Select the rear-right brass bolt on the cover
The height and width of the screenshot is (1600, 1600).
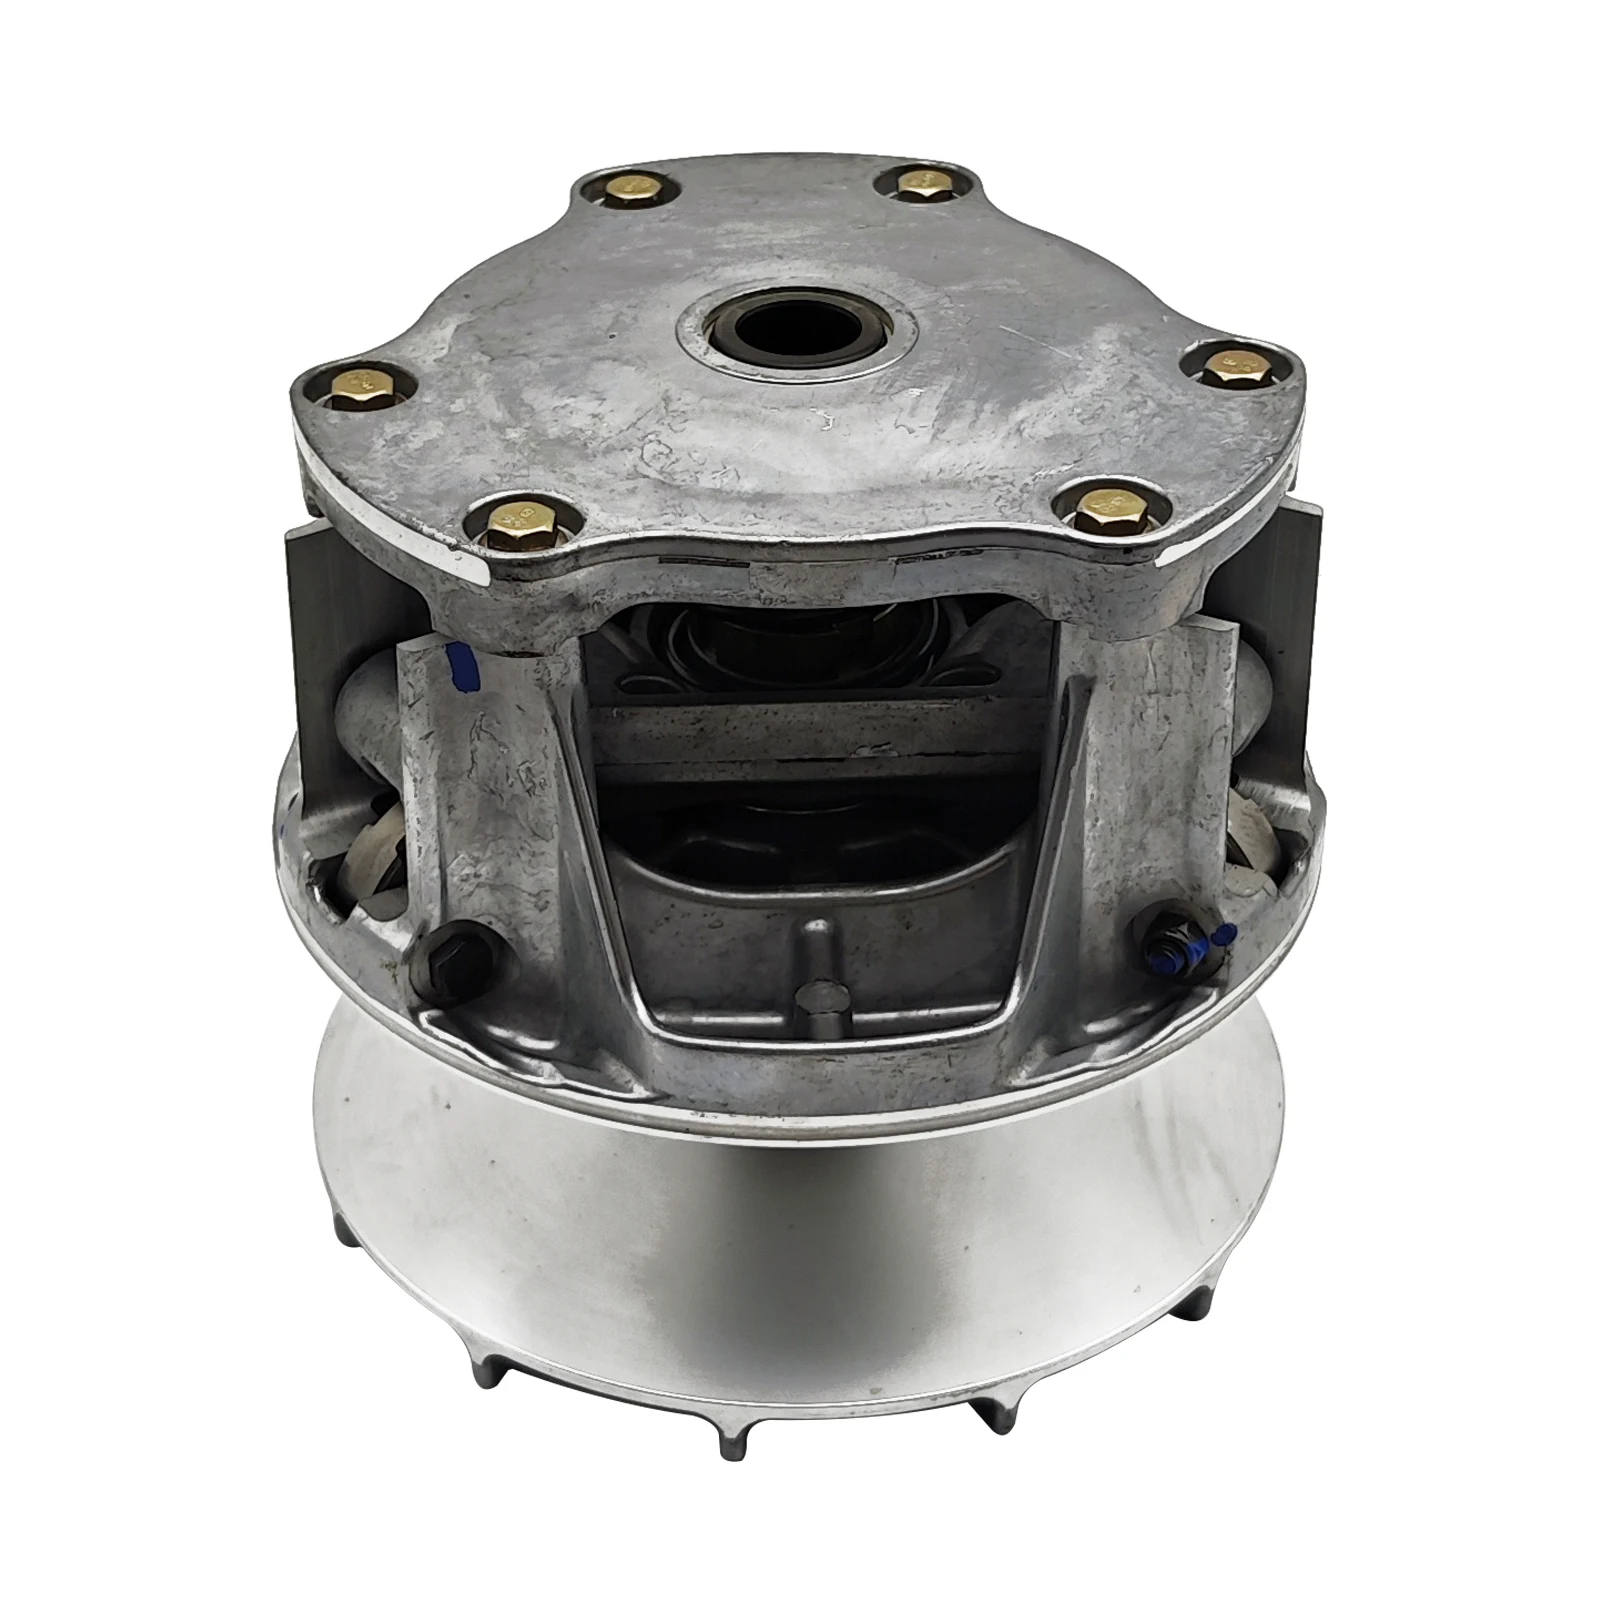tap(920, 184)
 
